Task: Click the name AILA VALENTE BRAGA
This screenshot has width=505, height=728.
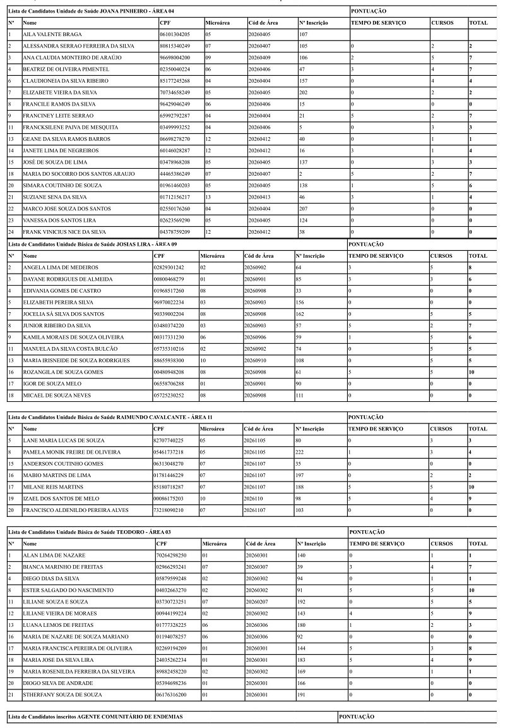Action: pos(52,34)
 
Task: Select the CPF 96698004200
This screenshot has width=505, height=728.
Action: pos(175,58)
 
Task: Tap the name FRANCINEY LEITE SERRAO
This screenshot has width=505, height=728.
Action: pos(58,116)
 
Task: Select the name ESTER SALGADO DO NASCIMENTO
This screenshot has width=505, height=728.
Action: pos(68,590)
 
